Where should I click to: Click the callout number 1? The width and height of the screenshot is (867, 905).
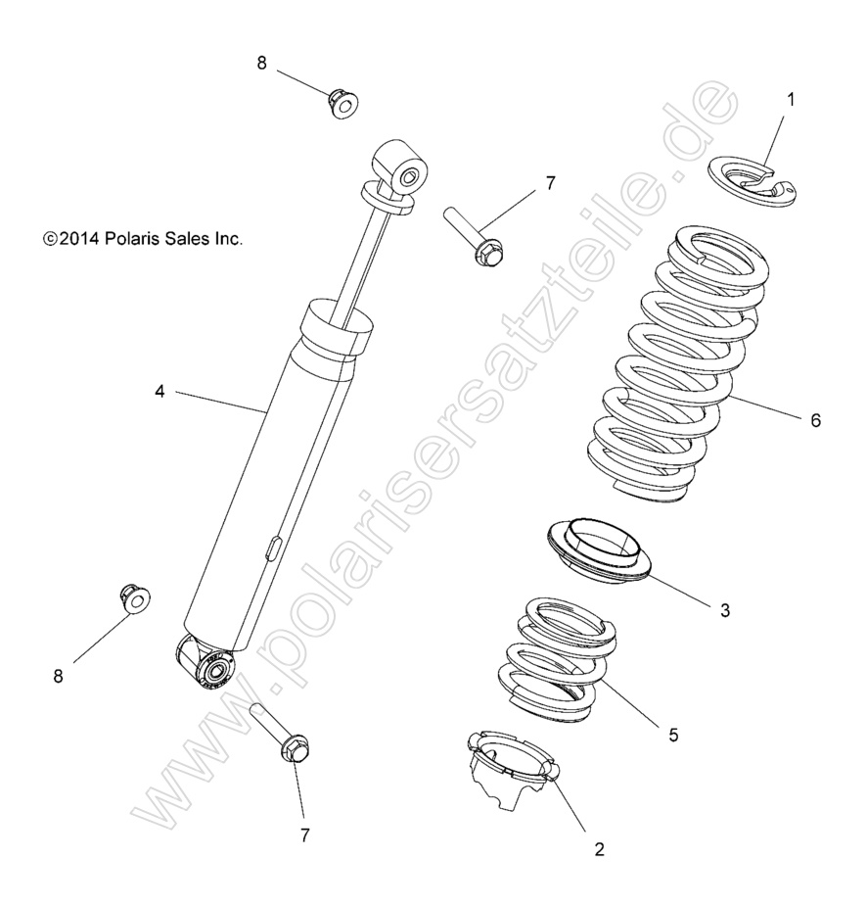792,99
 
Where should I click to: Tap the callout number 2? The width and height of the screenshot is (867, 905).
600,849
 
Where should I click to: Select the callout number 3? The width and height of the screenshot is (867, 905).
725,610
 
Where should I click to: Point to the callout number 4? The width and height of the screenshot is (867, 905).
159,391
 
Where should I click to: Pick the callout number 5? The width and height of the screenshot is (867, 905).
674,734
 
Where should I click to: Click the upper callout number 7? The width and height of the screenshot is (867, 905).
550,183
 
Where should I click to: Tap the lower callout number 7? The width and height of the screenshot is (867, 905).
304,835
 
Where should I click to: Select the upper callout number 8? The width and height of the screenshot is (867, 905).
261,63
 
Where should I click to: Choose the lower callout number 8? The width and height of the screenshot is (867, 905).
59,676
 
